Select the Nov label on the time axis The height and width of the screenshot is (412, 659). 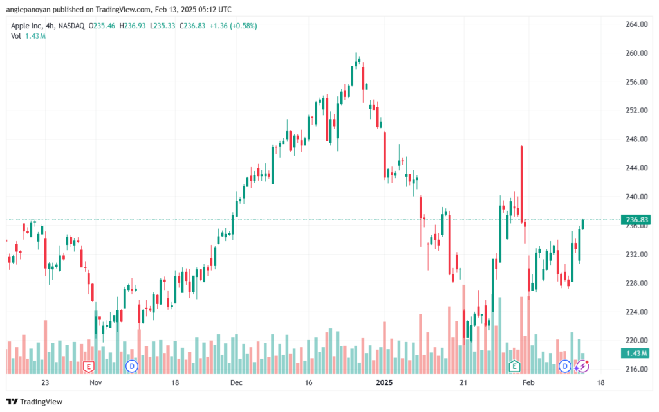pos(95,382)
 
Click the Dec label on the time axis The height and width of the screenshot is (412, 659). pos(236,382)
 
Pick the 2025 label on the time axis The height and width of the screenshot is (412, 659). pos(384,382)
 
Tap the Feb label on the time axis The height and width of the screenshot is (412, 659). pos(528,382)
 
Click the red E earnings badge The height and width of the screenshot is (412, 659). pos(89,366)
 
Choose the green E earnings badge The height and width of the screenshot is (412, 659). pos(514,366)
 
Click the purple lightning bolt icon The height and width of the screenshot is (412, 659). pos(582,366)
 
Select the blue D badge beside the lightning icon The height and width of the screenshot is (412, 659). pos(565,366)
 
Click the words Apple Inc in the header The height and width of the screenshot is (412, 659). pos(28,26)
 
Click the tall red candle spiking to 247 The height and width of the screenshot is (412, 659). pos(522,183)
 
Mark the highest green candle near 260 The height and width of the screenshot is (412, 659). pos(357,63)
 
